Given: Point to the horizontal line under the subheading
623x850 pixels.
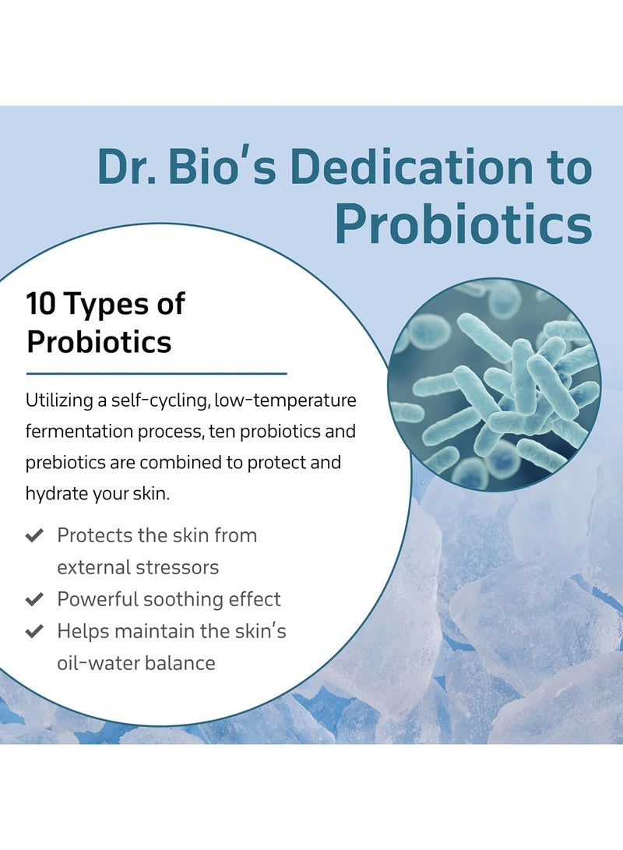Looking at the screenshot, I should point(157,374).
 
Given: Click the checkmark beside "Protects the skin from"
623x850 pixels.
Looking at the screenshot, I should point(34,536).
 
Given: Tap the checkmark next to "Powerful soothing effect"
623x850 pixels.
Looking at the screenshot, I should point(34,600).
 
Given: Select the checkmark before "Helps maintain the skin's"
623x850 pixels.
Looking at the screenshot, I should point(34,632).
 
